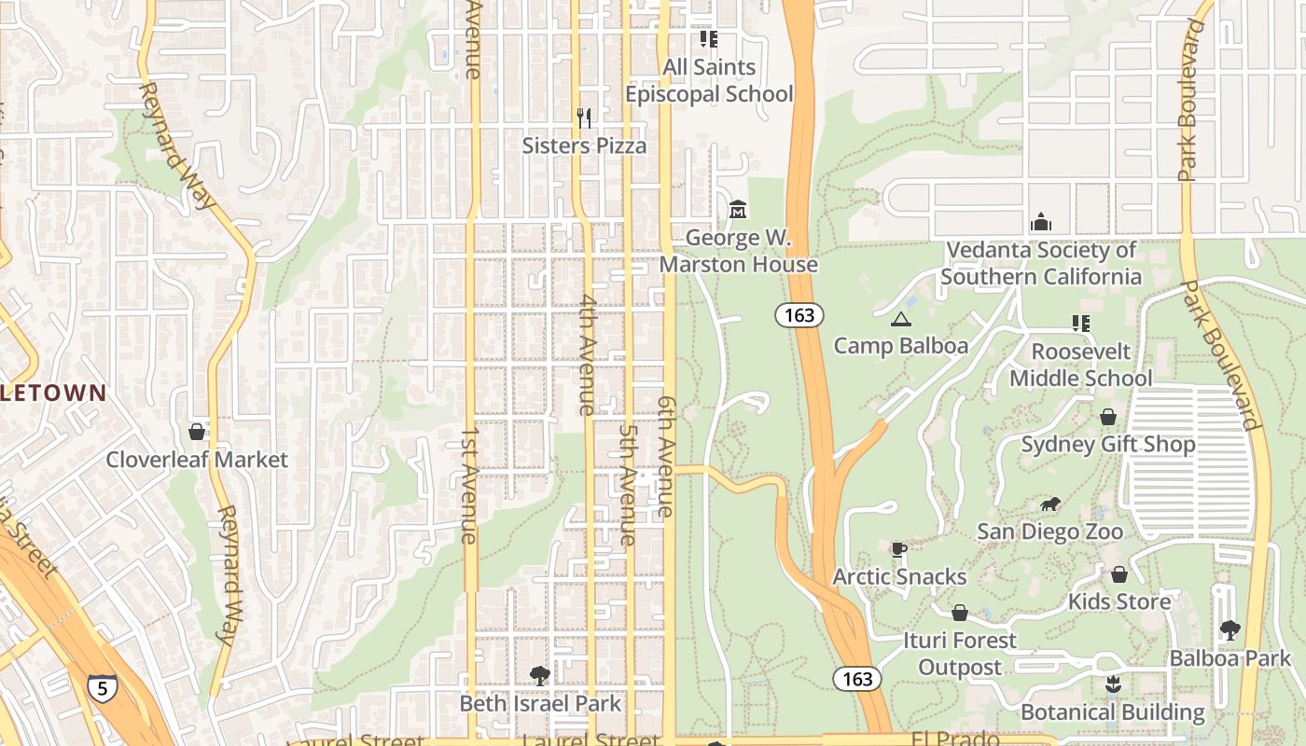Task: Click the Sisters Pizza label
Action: point(584,145)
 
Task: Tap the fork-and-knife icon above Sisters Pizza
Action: point(584,118)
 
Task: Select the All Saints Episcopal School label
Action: point(709,81)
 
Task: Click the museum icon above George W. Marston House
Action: point(738,209)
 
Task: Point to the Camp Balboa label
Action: point(900,346)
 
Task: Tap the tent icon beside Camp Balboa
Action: point(900,320)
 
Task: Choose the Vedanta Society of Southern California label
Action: point(1040,264)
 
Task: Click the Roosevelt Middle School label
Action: point(1080,365)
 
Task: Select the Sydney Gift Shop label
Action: point(1108,444)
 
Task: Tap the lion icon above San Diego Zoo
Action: point(1049,505)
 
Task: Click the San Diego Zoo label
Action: point(1049,532)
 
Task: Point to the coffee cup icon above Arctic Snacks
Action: point(898,550)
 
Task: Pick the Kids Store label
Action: point(1119,601)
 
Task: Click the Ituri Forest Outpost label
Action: point(960,654)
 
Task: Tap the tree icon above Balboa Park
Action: point(1230,631)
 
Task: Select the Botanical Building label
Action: point(1113,712)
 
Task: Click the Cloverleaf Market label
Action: point(197,460)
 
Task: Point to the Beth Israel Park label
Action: point(540,703)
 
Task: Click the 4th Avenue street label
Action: point(587,354)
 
